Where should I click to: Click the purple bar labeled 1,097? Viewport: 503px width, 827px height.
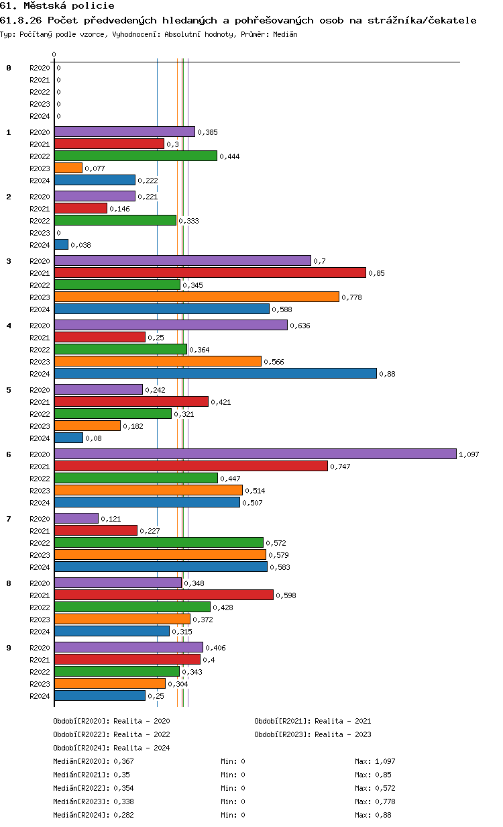[255, 454]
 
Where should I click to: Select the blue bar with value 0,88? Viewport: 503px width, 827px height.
[215, 373]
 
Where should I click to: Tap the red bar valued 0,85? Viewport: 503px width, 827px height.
[210, 273]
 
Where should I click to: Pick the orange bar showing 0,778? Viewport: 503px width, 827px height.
[197, 297]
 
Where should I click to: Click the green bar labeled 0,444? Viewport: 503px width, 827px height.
[135, 156]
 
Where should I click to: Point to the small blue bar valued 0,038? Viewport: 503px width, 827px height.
[61, 244]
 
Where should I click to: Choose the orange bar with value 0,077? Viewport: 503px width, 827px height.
[68, 168]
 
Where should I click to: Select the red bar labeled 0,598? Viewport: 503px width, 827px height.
[164, 595]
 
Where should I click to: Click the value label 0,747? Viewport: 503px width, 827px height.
[341, 467]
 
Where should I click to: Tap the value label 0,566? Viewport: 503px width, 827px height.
[274, 362]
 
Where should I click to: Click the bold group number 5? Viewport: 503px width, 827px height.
[9, 390]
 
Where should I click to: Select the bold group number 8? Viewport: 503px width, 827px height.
[9, 583]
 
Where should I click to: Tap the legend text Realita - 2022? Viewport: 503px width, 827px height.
[142, 734]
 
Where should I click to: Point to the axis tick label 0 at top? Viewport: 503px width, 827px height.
[54, 54]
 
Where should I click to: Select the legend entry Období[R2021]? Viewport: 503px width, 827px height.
[282, 721]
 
